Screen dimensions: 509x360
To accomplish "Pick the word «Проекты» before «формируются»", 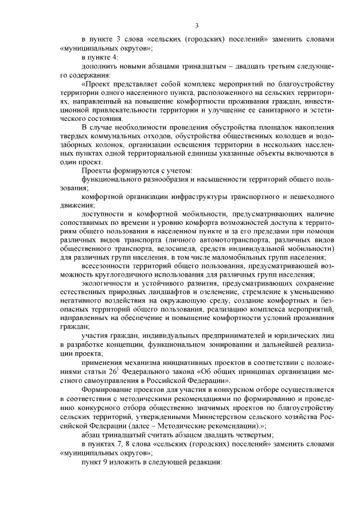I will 97,170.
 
